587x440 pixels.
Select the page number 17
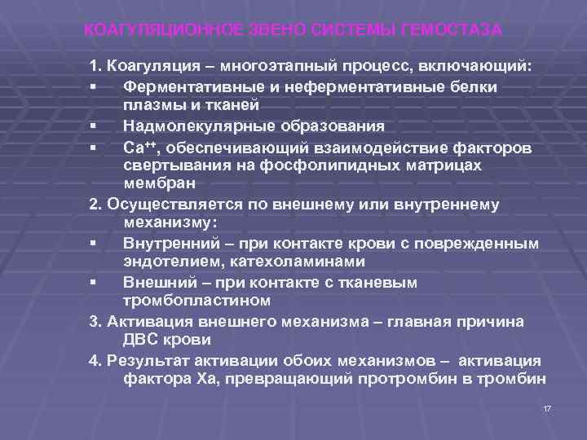[547, 407]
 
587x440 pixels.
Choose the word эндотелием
[166, 262]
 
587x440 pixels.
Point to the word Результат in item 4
[145, 360]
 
